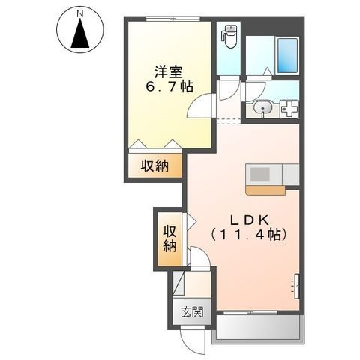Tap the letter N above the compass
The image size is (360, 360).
79,13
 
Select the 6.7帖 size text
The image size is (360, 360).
168,87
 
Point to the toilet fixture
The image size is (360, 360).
230,36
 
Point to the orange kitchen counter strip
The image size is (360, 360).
265,190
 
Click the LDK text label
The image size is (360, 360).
249,219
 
